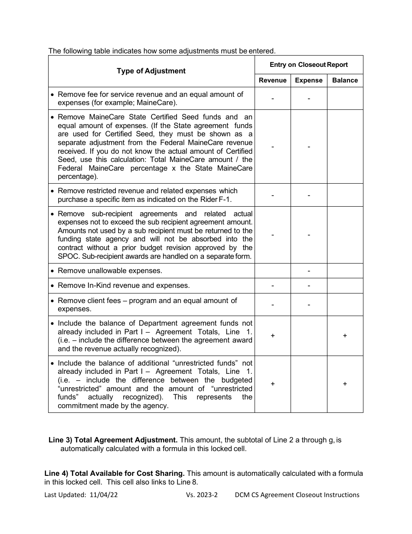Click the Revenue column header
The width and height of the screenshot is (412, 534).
point(272,80)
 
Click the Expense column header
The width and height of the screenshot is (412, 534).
point(308,80)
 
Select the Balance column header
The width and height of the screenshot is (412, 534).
point(345,80)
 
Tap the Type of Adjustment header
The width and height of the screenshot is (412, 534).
point(151,71)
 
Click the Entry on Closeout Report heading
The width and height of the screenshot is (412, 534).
point(308,65)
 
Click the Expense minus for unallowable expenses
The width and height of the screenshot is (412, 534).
point(309,271)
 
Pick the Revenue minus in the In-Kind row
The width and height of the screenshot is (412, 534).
point(272,286)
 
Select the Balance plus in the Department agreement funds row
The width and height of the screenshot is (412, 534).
point(345,336)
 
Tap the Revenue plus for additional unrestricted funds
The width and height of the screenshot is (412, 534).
point(272,384)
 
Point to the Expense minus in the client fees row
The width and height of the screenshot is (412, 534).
point(309,305)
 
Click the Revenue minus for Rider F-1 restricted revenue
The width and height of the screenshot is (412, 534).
point(272,195)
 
